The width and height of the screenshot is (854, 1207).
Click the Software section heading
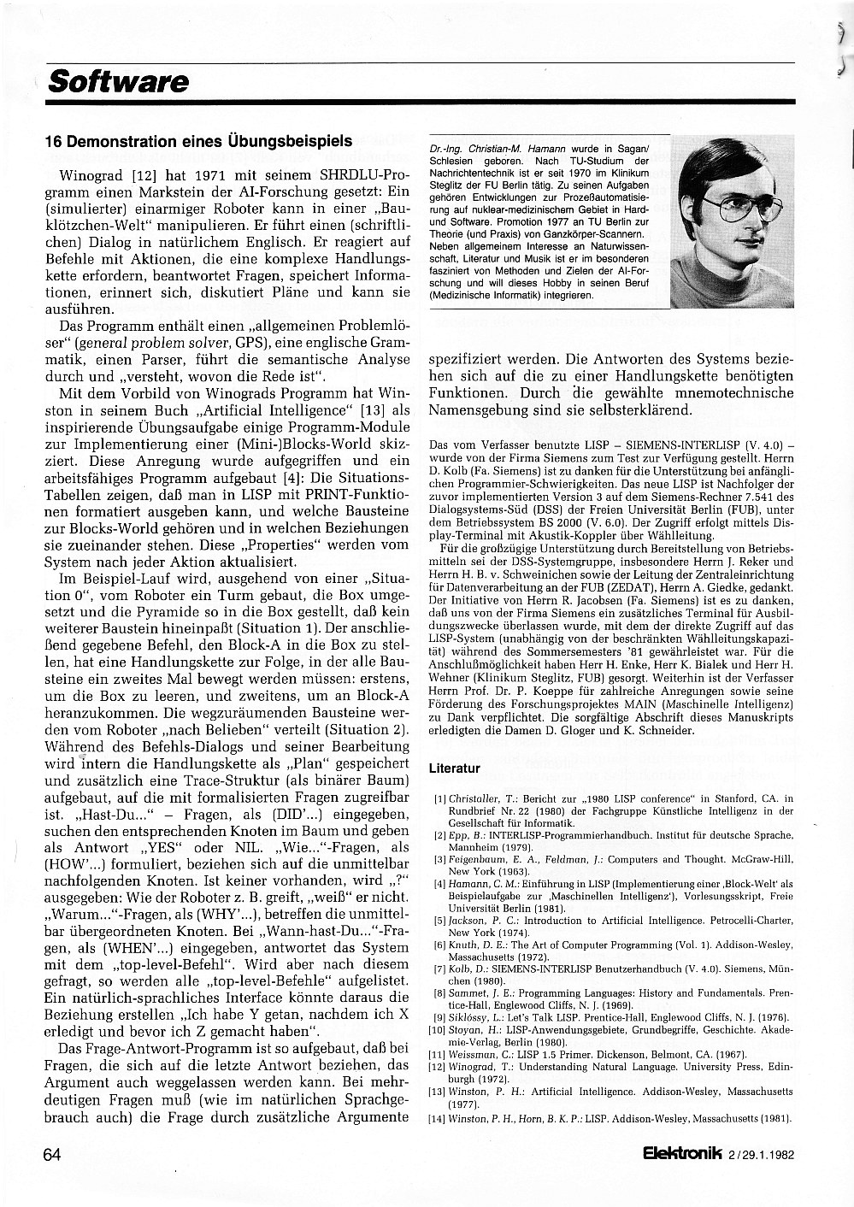[118, 82]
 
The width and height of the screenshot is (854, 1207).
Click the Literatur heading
[454, 768]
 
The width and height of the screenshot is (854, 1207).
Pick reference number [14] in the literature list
[439, 1118]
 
